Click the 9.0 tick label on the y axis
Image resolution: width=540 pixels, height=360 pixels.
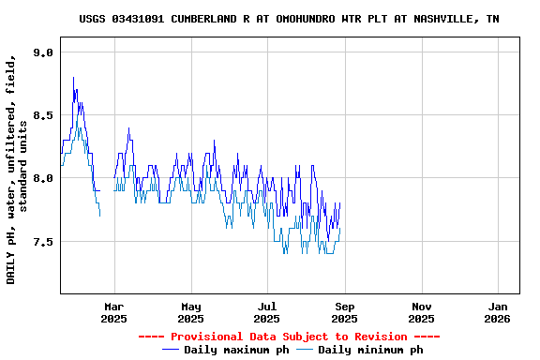pyautogui.click(x=43, y=52)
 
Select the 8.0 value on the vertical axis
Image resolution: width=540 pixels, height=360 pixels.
pyautogui.click(x=43, y=178)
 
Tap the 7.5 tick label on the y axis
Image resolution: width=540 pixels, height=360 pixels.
pyautogui.click(x=43, y=241)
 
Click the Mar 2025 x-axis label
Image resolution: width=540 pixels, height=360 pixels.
pyautogui.click(x=114, y=312)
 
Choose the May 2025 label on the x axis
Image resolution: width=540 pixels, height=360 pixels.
pyautogui.click(x=191, y=312)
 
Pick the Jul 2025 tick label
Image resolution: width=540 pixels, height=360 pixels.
pyautogui.click(x=268, y=312)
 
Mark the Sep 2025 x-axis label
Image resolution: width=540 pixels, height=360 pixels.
pyautogui.click(x=345, y=312)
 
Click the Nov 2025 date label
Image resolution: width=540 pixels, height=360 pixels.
pyautogui.click(x=422, y=312)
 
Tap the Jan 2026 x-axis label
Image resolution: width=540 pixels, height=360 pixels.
pyautogui.click(x=499, y=312)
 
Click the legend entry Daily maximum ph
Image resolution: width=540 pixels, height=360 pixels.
pyautogui.click(x=236, y=350)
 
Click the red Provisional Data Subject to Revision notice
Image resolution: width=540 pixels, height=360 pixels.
pyautogui.click(x=289, y=337)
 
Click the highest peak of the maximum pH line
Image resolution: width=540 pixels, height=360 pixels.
pyautogui.click(x=73, y=78)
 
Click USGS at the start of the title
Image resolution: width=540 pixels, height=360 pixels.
pyautogui.click(x=93, y=19)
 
